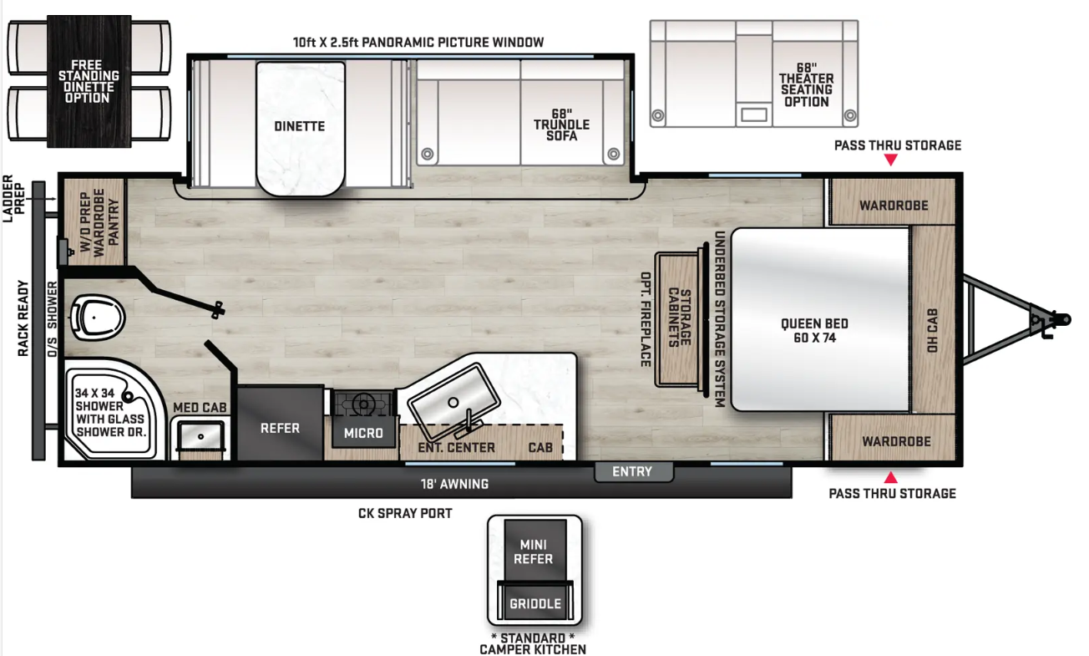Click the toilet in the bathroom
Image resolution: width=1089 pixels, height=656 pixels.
[97, 318]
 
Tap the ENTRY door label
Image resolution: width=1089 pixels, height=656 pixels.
[632, 471]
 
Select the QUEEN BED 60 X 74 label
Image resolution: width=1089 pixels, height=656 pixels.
[814, 330]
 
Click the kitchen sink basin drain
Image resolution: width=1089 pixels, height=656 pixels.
[453, 403]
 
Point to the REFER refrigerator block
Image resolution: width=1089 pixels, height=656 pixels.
[280, 422]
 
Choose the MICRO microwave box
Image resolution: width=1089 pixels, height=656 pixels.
[363, 432]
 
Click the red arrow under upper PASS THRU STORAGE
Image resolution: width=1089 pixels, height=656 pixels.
[890, 160]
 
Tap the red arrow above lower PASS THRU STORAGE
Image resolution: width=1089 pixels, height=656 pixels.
[890, 477]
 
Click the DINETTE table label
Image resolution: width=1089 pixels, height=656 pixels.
[300, 126]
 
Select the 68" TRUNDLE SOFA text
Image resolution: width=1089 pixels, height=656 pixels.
[561, 125]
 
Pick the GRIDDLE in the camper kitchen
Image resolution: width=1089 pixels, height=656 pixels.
[535, 603]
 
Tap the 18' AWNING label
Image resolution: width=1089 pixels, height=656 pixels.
[454, 484]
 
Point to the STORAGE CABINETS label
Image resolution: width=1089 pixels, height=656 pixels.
[679, 318]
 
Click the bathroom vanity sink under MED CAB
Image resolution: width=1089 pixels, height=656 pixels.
[200, 436]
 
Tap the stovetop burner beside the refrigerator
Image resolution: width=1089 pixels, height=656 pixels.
[362, 403]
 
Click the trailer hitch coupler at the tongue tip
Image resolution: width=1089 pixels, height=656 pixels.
[1057, 320]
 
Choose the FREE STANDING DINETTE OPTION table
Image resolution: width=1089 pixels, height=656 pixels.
[89, 81]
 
